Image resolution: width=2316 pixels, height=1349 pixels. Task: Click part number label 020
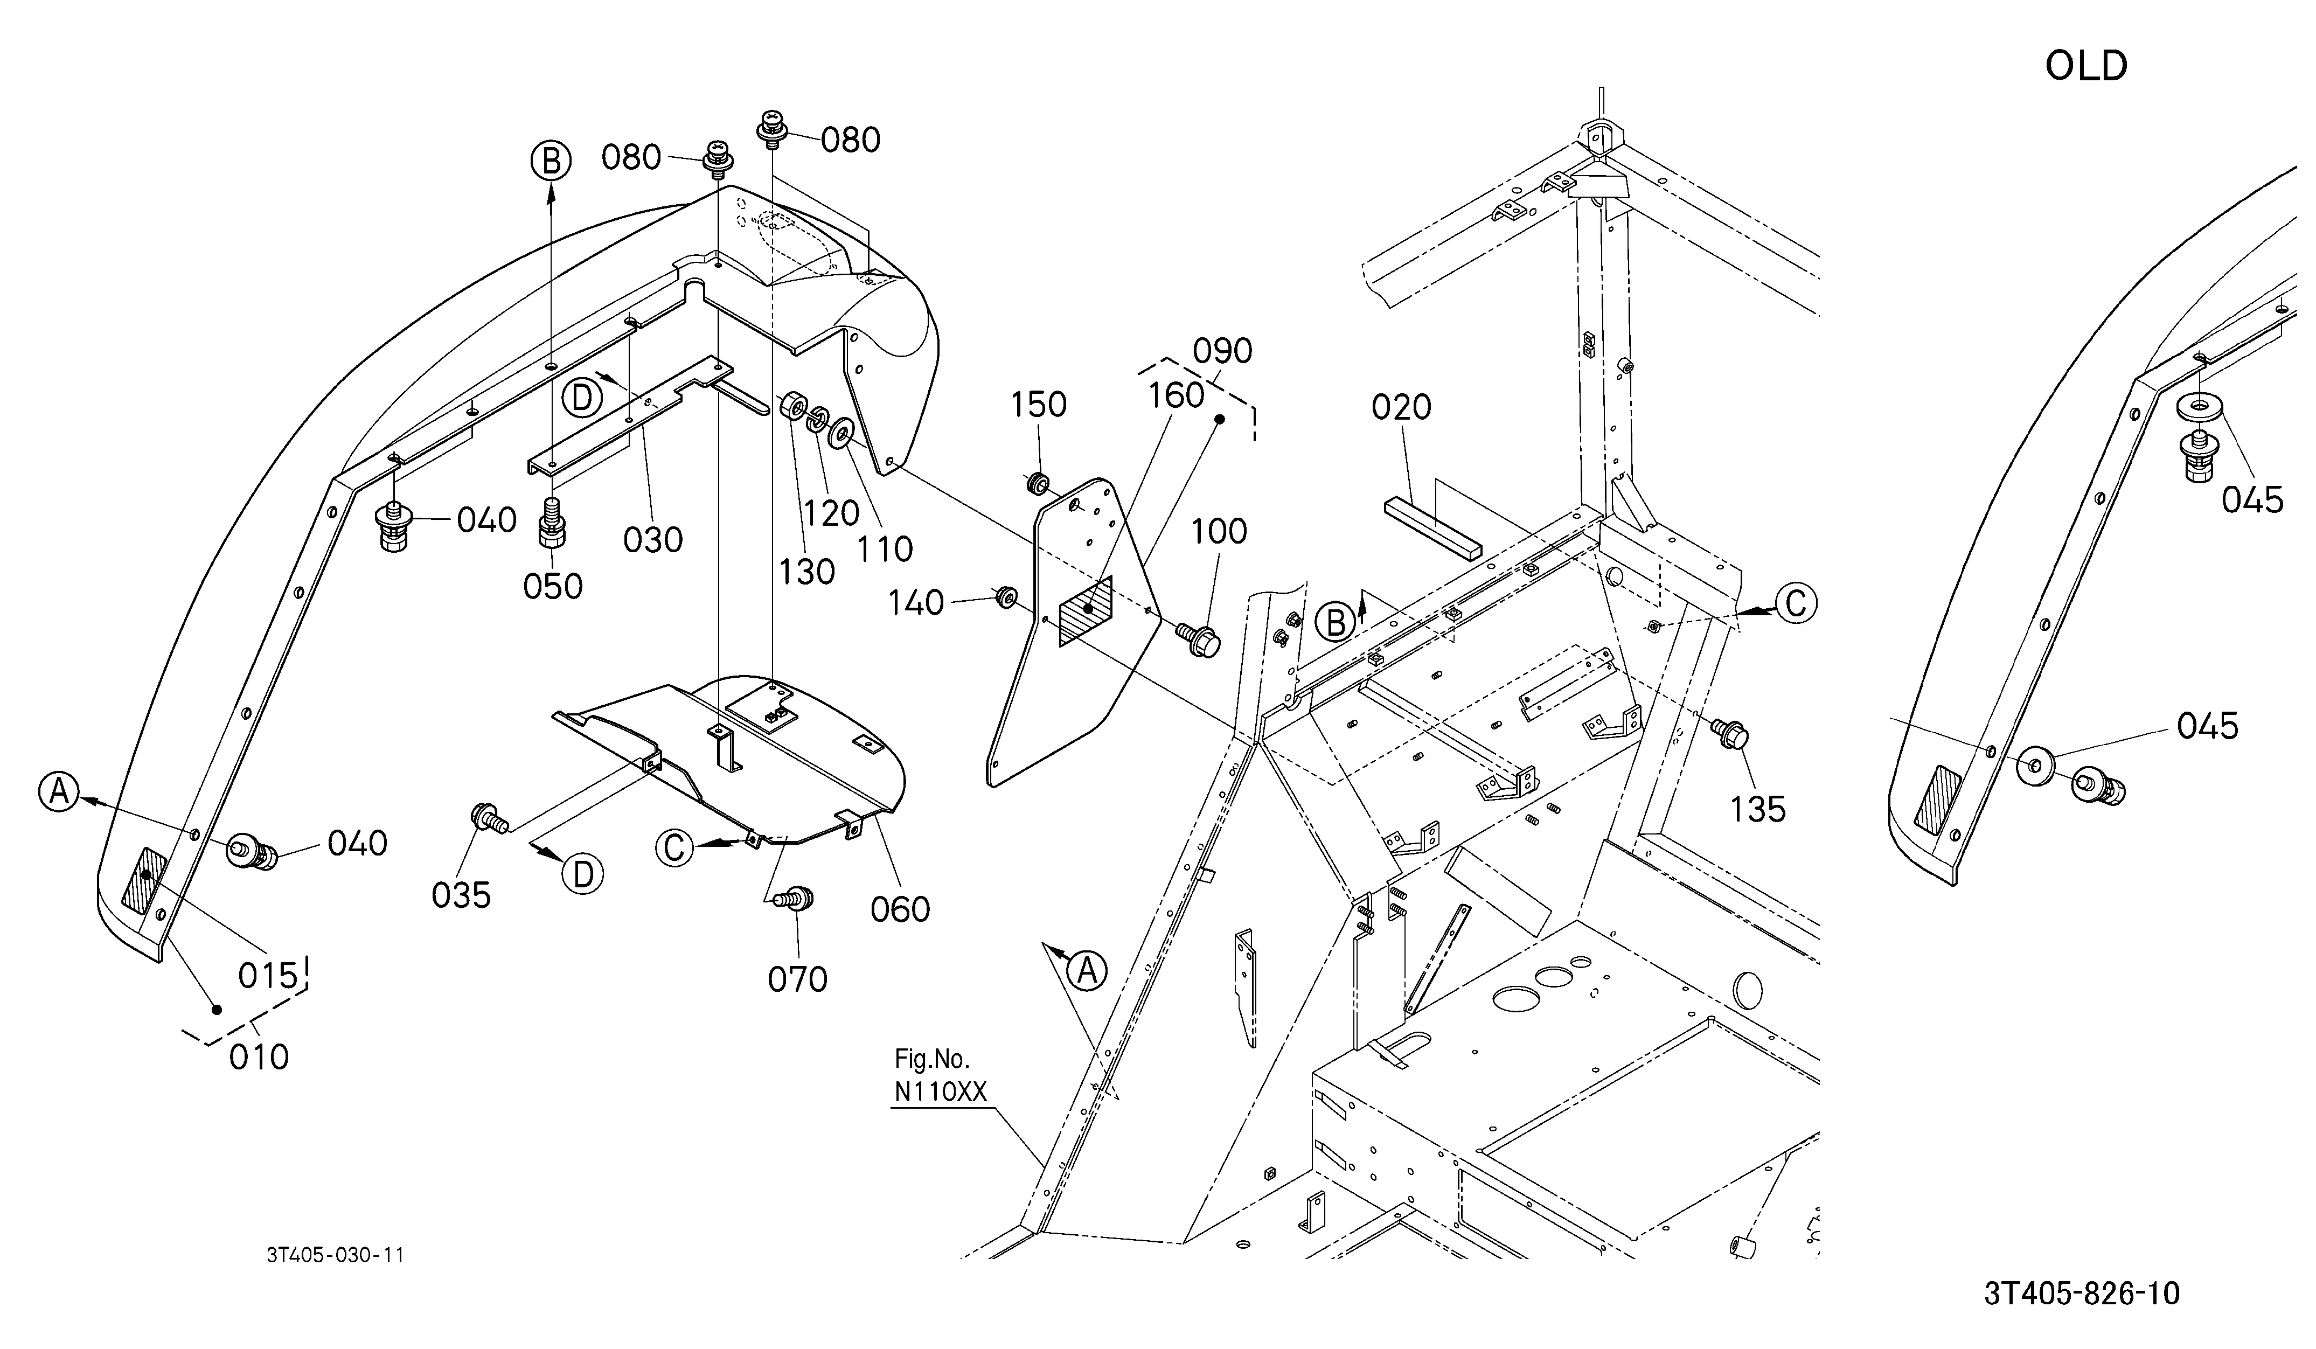1402,407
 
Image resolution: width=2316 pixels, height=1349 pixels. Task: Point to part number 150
1039,405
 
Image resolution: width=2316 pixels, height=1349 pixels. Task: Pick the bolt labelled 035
487,816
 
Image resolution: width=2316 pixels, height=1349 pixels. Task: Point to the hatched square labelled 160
1086,610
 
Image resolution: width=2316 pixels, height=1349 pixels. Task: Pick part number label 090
1222,351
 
